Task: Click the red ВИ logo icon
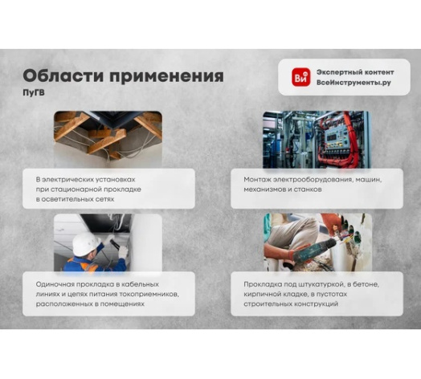pyautogui.click(x=301, y=77)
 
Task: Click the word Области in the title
pyautogui.click(x=59, y=76)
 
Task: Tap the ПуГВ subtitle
pyautogui.click(x=34, y=93)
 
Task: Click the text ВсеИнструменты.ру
pyautogui.click(x=353, y=83)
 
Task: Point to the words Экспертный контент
pyautogui.click(x=354, y=71)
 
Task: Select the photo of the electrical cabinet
pyautogui.click(x=316, y=138)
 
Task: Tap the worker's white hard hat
pyautogui.click(x=83, y=242)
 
